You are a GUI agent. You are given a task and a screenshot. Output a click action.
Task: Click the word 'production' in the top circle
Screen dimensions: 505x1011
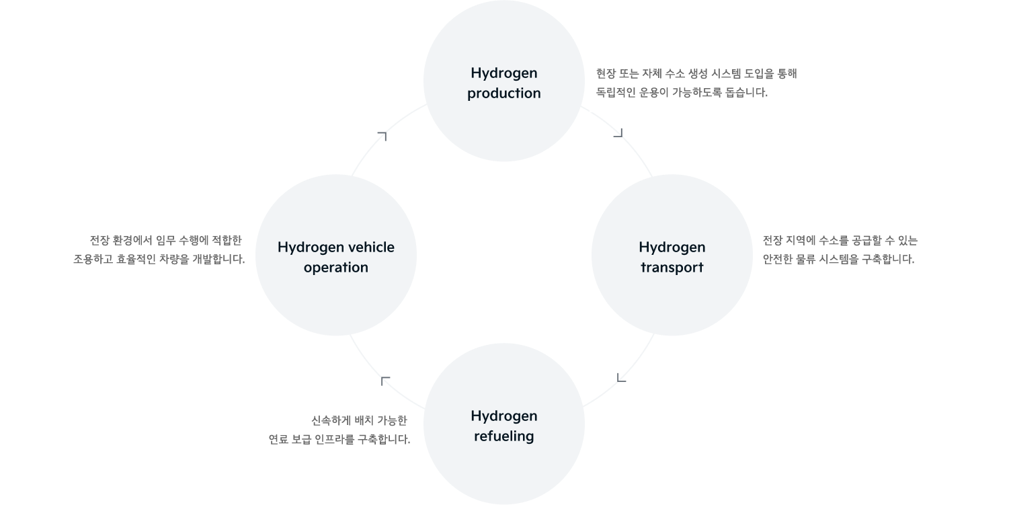[503, 93]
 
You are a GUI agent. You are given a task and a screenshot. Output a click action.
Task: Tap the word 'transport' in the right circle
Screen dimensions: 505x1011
[672, 267]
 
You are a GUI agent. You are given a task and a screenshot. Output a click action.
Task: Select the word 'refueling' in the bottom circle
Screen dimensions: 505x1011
[503, 436]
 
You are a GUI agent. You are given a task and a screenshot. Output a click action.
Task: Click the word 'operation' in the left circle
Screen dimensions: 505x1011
[335, 267]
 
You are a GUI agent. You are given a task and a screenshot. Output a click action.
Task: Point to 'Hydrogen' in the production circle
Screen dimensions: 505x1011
[503, 73]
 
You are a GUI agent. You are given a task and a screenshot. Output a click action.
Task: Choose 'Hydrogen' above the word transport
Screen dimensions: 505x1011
[672, 247]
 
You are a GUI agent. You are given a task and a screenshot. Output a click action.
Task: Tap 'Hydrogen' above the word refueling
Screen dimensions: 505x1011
[503, 416]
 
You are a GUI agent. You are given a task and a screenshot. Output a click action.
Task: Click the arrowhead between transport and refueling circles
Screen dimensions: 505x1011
[622, 379]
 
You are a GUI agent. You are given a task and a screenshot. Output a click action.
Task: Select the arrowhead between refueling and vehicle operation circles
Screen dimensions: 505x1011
[385, 380]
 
